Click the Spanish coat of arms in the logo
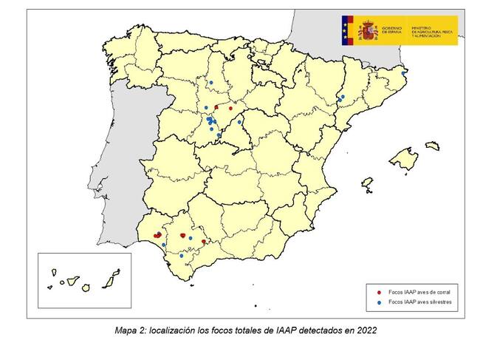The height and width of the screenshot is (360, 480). click(x=368, y=31)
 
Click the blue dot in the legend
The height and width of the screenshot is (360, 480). click(x=378, y=302)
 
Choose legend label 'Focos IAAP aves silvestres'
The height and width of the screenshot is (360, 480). click(x=418, y=302)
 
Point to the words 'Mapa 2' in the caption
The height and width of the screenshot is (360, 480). click(x=128, y=330)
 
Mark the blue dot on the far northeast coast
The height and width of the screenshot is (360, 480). click(x=403, y=73)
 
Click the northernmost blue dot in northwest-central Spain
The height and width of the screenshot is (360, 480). click(x=210, y=82)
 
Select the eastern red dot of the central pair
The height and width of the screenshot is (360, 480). click(x=230, y=108)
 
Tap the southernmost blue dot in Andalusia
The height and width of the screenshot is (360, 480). click(x=182, y=256)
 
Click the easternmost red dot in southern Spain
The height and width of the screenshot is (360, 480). click(x=204, y=242)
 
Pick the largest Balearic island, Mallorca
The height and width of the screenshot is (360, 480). click(x=402, y=158)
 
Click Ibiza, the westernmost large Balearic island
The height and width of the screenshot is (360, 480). click(x=367, y=181)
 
